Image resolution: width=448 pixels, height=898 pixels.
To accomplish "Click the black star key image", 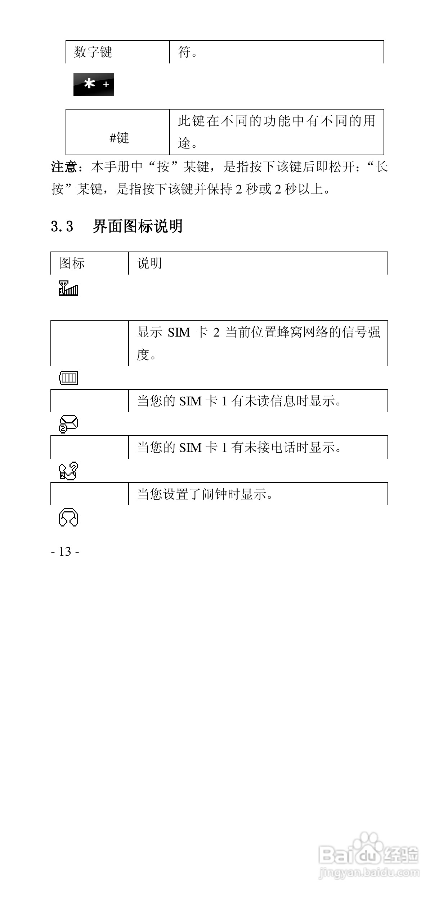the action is tap(94, 84).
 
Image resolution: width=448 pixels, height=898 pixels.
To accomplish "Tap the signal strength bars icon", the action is tap(68, 289).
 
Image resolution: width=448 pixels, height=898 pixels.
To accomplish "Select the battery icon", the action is tap(68, 378).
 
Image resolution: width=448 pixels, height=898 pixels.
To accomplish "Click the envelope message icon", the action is tap(68, 423).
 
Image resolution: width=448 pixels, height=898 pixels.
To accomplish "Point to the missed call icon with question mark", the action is tap(68, 470).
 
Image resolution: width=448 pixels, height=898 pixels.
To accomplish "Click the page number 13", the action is tap(65, 551).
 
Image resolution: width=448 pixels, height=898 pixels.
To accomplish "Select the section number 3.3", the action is tap(62, 227).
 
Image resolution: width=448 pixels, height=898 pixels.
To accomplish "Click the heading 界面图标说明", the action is tap(138, 226).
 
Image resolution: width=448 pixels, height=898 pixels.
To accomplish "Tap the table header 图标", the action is tap(72, 263).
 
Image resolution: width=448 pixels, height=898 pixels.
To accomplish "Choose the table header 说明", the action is tap(149, 263).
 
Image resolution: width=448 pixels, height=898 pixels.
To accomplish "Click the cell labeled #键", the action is tap(119, 138).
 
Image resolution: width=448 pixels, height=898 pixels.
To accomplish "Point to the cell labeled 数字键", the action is tap(93, 52).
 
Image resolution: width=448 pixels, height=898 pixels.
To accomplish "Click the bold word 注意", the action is tap(64, 167).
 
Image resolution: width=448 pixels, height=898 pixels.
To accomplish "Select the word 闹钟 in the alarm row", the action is tap(215, 494).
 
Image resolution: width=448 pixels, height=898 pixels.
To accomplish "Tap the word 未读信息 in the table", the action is tap(270, 401).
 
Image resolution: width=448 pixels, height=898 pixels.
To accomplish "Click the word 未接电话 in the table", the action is tap(270, 448).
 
